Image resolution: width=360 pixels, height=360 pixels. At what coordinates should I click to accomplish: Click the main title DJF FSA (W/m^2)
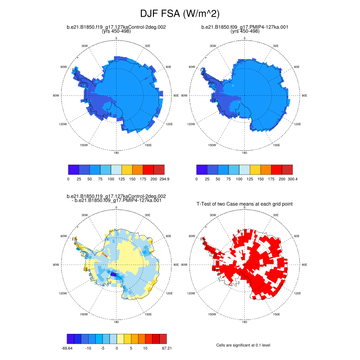(180, 13)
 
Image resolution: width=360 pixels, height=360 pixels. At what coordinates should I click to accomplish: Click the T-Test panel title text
(245, 204)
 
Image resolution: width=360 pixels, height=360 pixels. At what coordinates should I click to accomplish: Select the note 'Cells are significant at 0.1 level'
(245, 345)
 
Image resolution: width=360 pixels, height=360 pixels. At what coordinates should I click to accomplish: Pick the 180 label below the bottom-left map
(116, 322)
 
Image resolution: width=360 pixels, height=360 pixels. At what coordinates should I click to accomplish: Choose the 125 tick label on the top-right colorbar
(250, 179)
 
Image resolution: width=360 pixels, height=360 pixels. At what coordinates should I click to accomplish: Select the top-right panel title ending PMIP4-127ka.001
(245, 27)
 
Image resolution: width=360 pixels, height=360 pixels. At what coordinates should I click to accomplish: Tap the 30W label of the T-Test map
(213, 215)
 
